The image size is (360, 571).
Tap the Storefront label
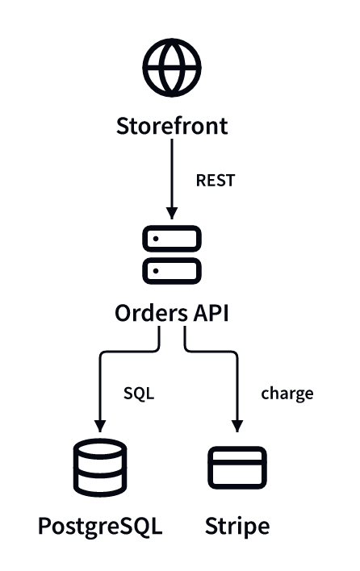[172, 126]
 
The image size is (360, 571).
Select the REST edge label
[216, 181]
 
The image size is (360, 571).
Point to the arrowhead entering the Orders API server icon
[172, 214]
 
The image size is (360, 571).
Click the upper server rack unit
[172, 239]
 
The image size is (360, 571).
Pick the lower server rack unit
[172, 271]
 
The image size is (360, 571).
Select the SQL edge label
[139, 394]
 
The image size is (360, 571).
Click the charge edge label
[287, 394]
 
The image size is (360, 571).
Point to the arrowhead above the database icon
[100, 426]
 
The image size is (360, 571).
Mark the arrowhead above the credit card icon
[237, 426]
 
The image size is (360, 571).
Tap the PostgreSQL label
[100, 527]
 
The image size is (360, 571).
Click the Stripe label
[237, 527]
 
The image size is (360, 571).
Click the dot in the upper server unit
[156, 239]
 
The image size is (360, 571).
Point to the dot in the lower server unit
[156, 271]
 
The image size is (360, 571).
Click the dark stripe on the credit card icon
[237, 462]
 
